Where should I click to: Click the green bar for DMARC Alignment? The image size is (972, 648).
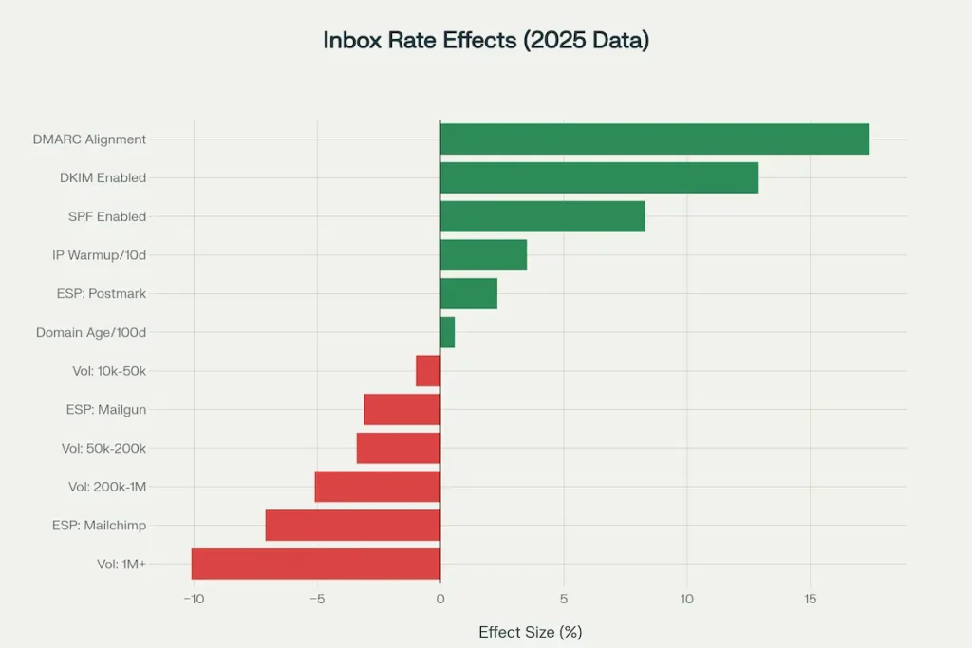[654, 139]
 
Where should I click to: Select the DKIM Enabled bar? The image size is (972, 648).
[599, 177]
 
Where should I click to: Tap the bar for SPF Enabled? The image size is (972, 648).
[542, 216]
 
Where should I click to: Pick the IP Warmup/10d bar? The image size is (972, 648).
[483, 255]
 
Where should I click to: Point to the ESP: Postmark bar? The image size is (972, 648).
[468, 294]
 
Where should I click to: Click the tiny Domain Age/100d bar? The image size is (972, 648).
[447, 333]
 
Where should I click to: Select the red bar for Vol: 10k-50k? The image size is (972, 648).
[428, 371]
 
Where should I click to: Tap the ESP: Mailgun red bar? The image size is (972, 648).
[402, 410]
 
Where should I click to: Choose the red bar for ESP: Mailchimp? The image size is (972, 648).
[353, 525]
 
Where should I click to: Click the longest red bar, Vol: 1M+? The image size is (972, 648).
[316, 564]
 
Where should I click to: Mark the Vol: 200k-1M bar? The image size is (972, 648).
[378, 487]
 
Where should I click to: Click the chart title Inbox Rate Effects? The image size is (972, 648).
[485, 41]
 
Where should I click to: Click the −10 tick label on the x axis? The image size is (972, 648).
[193, 599]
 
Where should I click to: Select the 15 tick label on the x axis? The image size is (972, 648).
[810, 599]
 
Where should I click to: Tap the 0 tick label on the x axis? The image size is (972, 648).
[440, 599]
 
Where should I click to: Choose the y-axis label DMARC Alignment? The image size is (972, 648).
[89, 139]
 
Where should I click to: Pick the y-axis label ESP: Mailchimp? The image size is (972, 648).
[99, 525]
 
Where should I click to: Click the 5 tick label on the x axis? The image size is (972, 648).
[564, 599]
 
